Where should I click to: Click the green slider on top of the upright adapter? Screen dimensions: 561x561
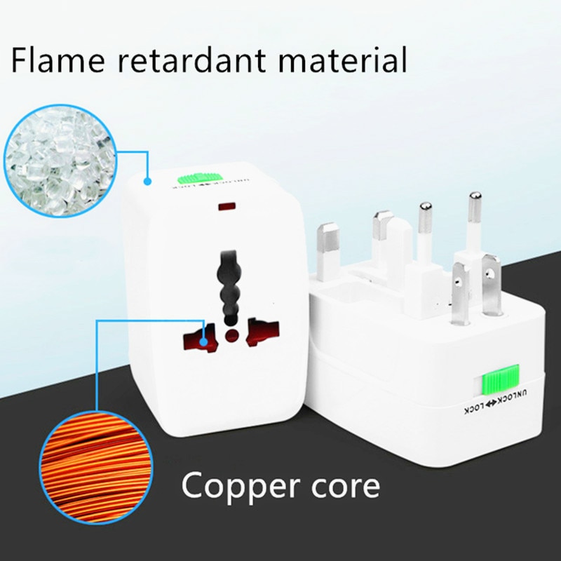[x=203, y=179]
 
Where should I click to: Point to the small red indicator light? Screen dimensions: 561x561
[x=227, y=208]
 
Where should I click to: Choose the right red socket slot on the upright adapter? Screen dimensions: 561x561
[x=262, y=330]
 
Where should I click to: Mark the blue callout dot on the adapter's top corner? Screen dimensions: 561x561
[x=148, y=180]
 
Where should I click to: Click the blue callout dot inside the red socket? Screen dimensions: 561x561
[x=203, y=342]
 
